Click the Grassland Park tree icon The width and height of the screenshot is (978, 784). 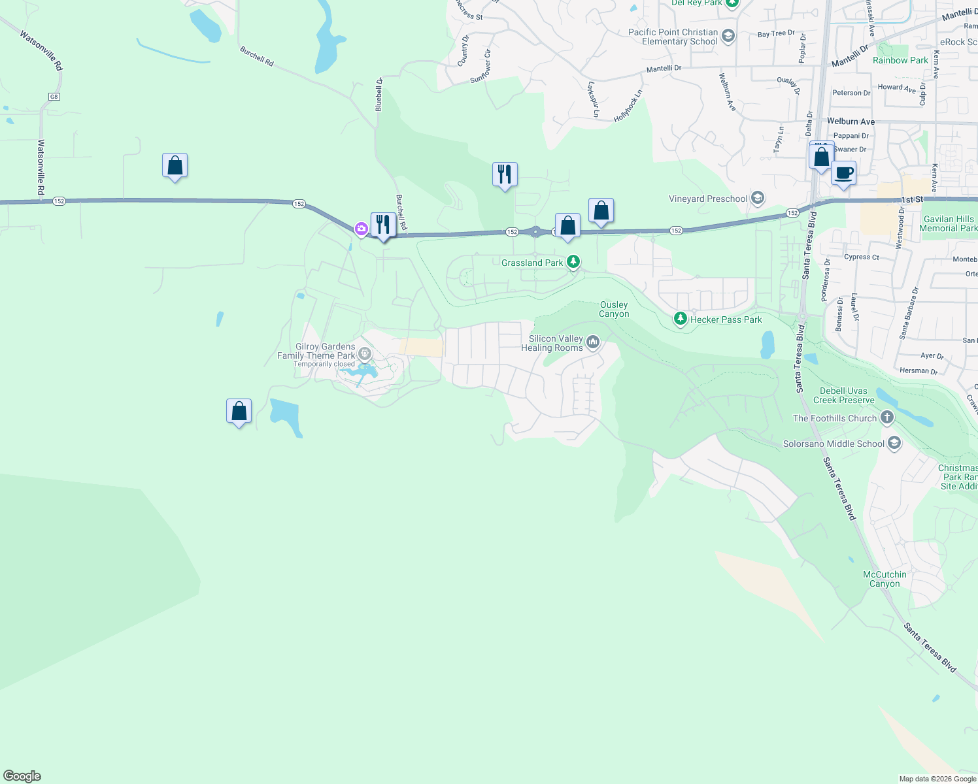pos(573,262)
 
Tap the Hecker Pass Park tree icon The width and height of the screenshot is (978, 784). pos(681,319)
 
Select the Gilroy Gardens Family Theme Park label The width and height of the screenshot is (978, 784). pos(317,351)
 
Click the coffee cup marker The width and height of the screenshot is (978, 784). pos(843,174)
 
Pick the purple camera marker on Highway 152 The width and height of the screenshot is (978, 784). pos(361,228)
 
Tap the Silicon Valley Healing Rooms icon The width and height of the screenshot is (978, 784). pos(593,342)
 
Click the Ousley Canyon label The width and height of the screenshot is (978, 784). pos(614,309)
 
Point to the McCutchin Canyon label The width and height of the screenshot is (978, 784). pos(885,579)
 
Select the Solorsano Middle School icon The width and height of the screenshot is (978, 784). pos(894,444)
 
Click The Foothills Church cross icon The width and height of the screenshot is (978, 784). pos(886,417)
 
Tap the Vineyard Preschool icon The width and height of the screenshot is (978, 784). pos(758,198)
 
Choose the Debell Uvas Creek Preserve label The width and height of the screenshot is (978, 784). pos(843,395)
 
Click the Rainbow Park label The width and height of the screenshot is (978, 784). pos(900,60)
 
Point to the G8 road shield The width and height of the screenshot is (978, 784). pos(54,97)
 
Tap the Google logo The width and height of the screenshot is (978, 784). pos(22,776)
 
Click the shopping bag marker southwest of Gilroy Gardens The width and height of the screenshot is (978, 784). pos(239,412)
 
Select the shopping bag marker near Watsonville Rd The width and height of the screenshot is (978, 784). pos(175,166)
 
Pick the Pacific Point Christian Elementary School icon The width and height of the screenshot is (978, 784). pos(728,36)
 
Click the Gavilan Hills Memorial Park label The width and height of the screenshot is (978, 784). pos(948,223)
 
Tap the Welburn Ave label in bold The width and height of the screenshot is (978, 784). pos(850,122)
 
